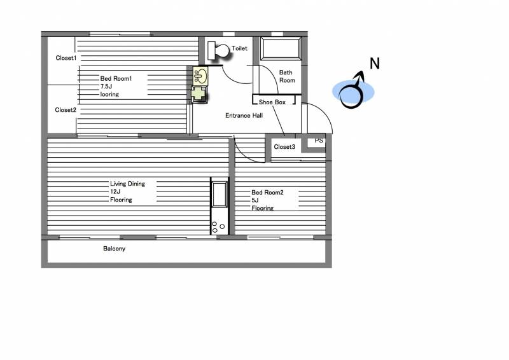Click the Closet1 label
pos(66,58)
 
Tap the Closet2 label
pos(66,110)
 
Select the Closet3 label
pos(284,147)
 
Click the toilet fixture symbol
pos(218,51)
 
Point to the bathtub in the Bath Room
pos(281,49)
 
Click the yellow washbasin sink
pos(200,76)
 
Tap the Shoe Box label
pos(272,102)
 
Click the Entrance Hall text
pos(244,116)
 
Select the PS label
pos(319,141)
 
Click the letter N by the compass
pos(375,64)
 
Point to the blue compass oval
pos(353,92)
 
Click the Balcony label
pos(115,249)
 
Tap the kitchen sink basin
pos(220,194)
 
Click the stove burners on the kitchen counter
pos(218,227)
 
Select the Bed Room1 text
pos(116,79)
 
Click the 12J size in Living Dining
pos(115,192)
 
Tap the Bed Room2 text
pos(267,193)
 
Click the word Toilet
pos(240,48)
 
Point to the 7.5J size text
pos(106,87)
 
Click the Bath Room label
pos(287,76)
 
